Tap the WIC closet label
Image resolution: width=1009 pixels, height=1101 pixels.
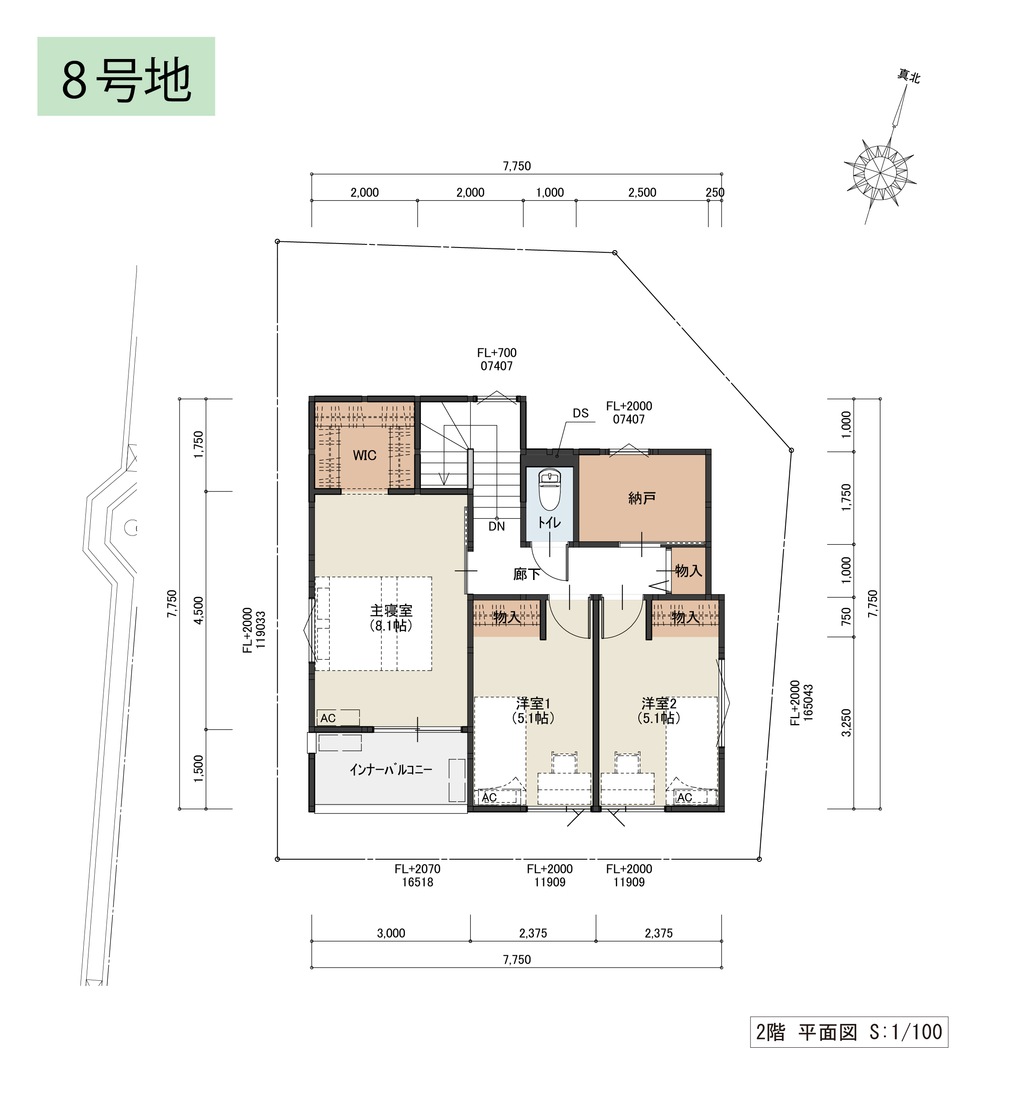tap(365, 455)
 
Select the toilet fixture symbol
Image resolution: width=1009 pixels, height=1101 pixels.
tap(549, 489)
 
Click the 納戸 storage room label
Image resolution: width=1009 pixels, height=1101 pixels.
tap(642, 498)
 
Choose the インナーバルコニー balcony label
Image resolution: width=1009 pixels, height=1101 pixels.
tap(391, 770)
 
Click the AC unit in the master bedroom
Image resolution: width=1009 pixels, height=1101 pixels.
tap(338, 718)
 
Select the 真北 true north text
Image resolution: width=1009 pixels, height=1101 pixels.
tap(909, 77)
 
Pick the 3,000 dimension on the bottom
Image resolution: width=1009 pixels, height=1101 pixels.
tap(391, 933)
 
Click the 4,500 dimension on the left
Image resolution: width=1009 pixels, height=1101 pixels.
tap(198, 610)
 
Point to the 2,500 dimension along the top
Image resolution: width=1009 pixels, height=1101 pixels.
tap(642, 192)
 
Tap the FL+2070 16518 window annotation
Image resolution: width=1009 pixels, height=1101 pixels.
tap(418, 876)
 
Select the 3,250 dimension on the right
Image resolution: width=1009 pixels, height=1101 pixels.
tap(846, 723)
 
